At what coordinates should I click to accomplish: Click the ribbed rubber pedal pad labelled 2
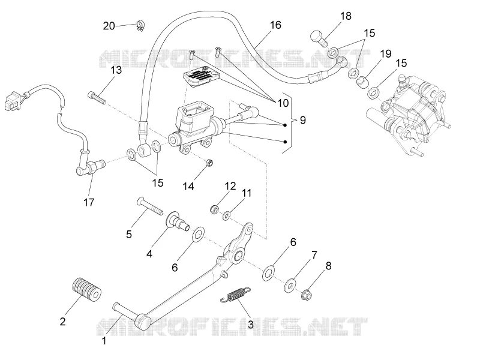click(x=86, y=290)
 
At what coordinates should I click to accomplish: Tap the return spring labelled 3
click(x=235, y=295)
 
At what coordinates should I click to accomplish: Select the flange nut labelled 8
click(x=307, y=295)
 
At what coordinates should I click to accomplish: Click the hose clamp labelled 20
click(x=141, y=26)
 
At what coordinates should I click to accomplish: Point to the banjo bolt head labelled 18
click(x=319, y=38)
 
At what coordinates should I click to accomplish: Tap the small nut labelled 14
click(x=209, y=163)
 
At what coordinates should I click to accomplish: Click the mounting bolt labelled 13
click(x=97, y=98)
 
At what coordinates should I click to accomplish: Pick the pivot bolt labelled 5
click(x=150, y=206)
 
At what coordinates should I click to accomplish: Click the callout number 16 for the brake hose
click(x=275, y=25)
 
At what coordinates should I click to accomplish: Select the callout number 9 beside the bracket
click(x=302, y=120)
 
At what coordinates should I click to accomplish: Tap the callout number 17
click(x=89, y=202)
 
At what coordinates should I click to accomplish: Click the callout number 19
click(x=386, y=54)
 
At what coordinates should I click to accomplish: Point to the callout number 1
click(x=104, y=340)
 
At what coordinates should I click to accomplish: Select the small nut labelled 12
click(x=215, y=209)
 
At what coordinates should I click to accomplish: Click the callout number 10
click(x=283, y=103)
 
